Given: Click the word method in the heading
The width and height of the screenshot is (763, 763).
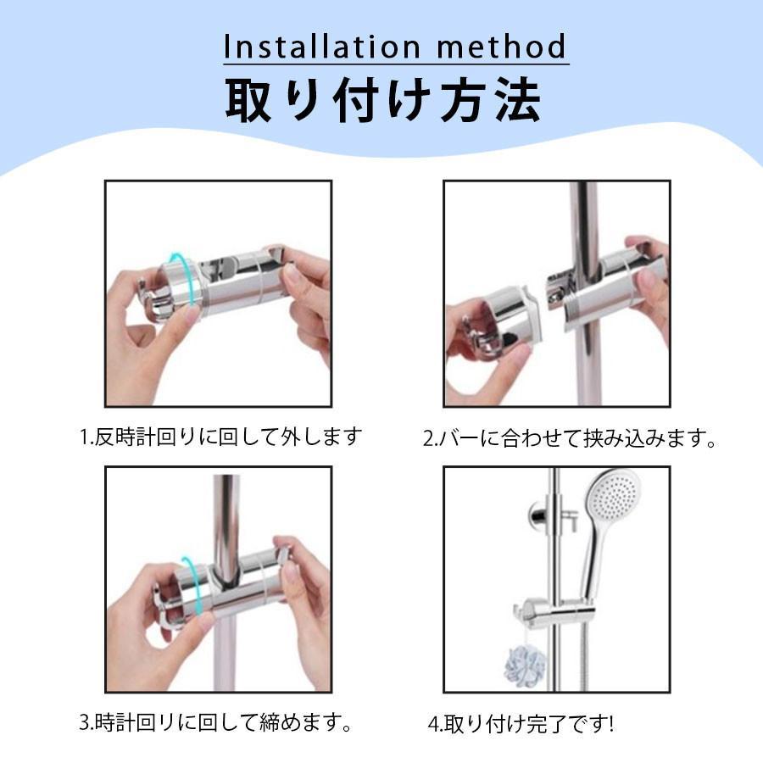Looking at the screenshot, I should (x=509, y=47).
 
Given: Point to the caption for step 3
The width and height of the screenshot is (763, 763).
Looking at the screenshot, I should (x=215, y=723).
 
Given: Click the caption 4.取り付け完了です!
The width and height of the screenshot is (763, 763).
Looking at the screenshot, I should (x=521, y=725).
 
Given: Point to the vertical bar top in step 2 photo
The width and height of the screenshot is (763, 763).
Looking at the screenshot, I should (x=584, y=212).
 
